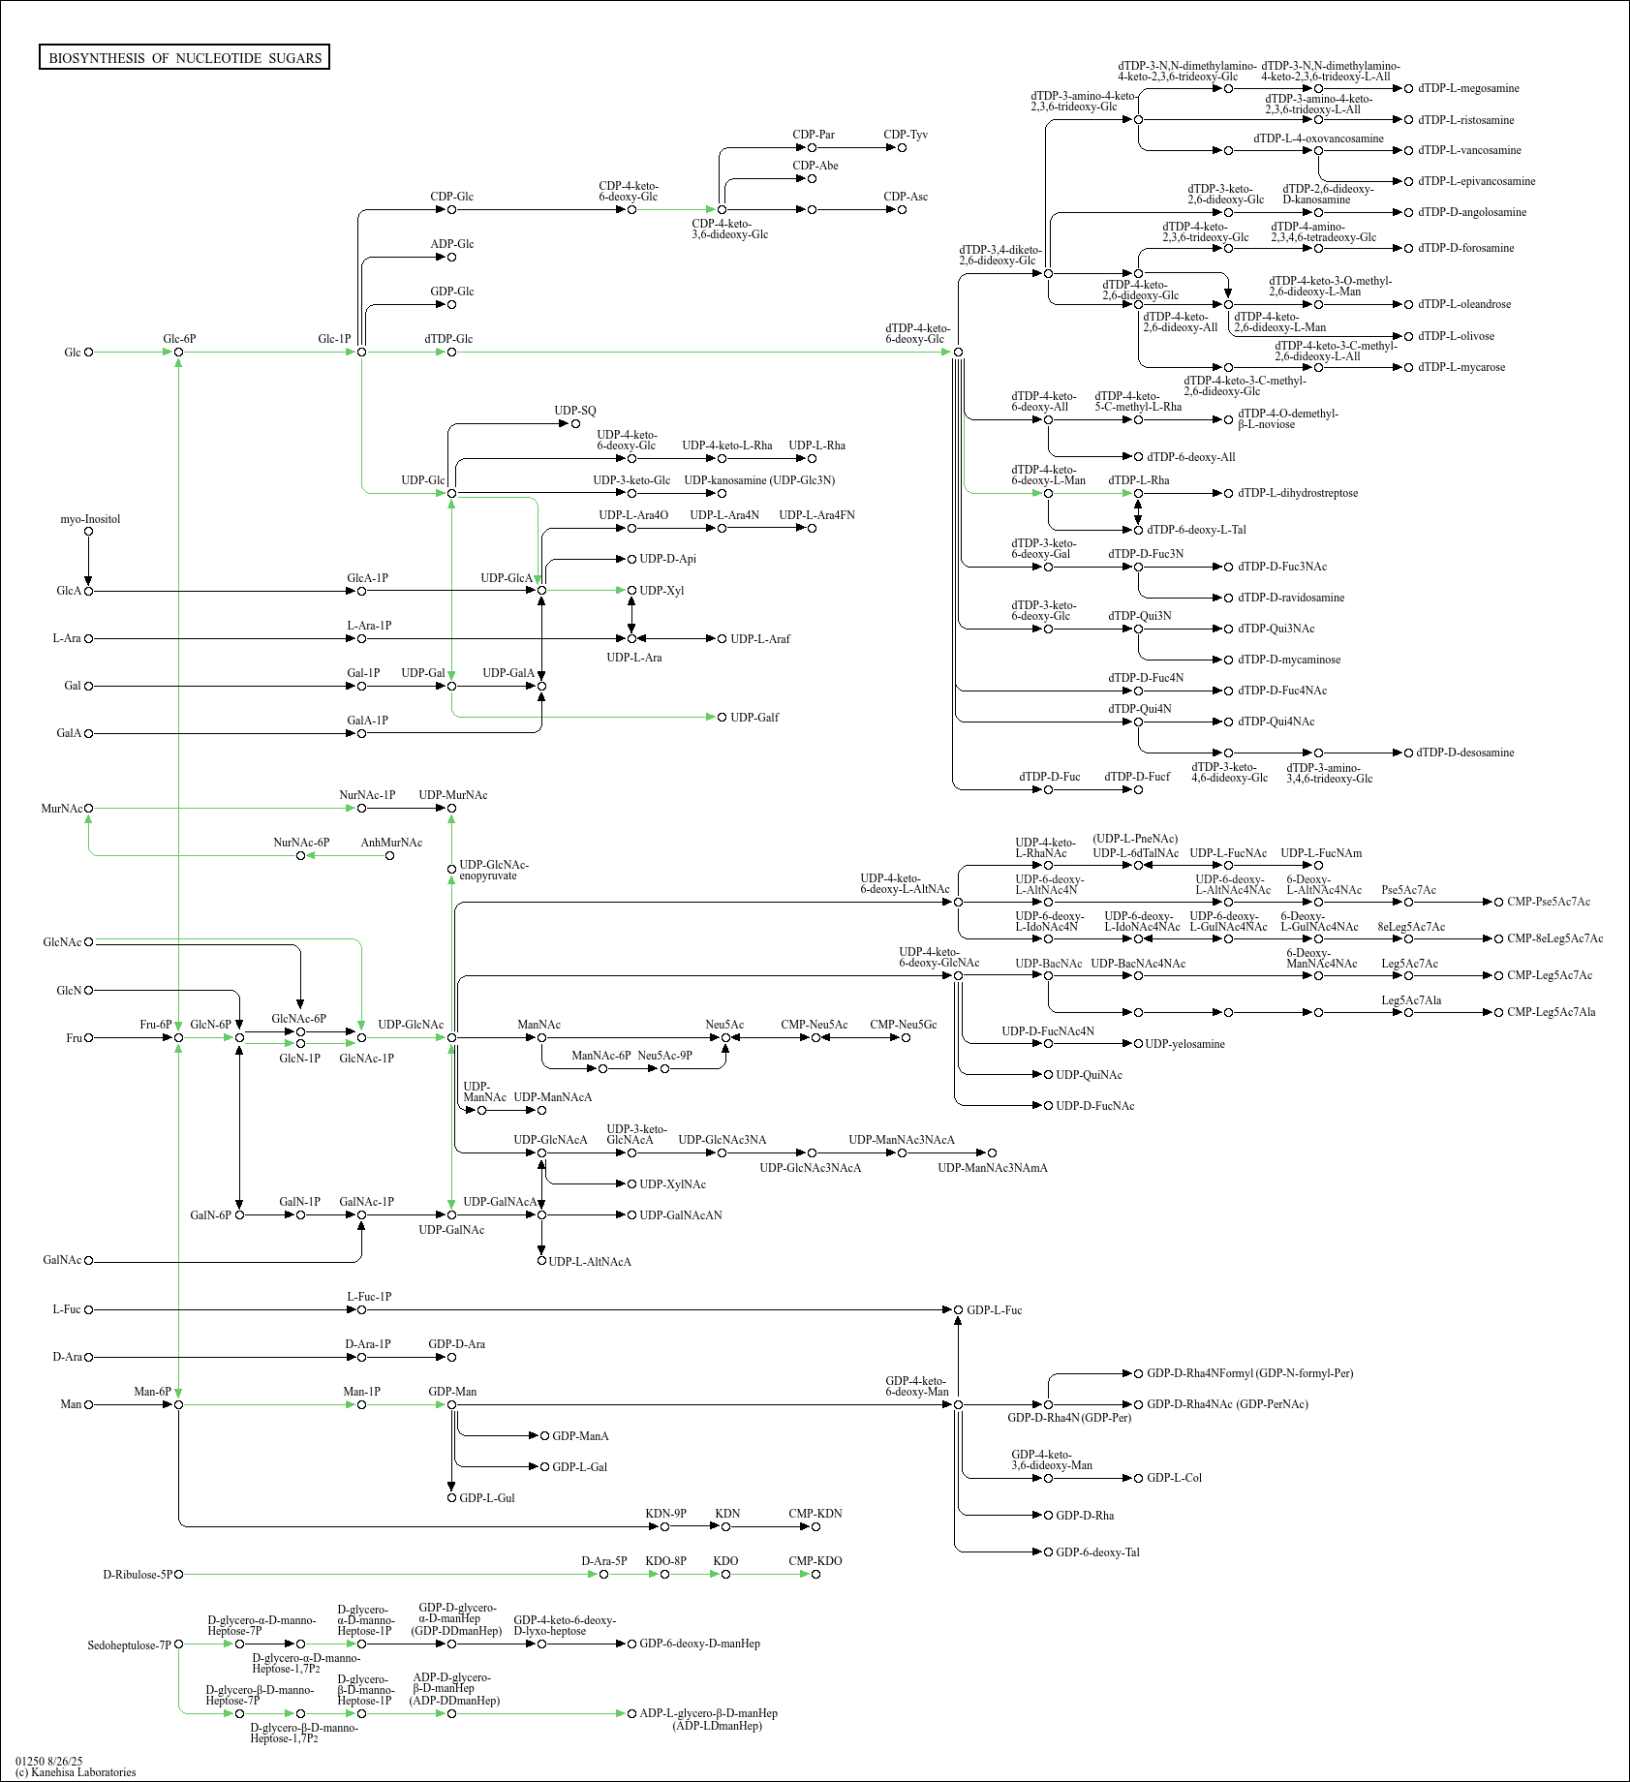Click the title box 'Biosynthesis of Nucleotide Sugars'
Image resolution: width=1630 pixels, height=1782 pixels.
click(185, 58)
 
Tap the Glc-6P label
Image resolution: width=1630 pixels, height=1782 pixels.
click(179, 339)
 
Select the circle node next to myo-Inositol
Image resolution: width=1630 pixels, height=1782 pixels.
click(89, 531)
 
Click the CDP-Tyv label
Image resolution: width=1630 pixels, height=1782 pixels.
click(906, 135)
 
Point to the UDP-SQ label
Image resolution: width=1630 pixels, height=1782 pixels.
click(575, 411)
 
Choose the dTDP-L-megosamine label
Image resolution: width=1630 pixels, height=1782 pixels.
click(1468, 88)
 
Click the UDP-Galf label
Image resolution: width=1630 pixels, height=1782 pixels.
click(754, 718)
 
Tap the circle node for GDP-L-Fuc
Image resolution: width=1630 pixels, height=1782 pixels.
click(959, 1310)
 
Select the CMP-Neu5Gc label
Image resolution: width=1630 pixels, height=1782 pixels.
click(904, 1025)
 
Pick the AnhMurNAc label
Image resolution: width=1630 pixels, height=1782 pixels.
click(391, 843)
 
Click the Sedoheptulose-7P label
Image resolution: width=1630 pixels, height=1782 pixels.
click(129, 1645)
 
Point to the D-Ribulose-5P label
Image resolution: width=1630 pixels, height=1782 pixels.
click(137, 1575)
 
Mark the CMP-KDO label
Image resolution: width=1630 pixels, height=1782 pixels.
click(815, 1561)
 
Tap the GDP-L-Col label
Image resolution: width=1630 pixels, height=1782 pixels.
click(1174, 1478)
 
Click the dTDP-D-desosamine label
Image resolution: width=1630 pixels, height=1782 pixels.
click(1465, 753)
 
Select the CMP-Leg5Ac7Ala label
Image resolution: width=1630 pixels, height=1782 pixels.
click(1551, 1012)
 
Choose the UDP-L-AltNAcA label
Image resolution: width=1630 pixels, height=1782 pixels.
click(590, 1262)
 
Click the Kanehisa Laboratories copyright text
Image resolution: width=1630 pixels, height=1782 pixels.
click(76, 1772)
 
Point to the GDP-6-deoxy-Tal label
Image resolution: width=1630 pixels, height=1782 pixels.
click(1097, 1552)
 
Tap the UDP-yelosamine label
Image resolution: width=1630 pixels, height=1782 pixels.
click(1184, 1044)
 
